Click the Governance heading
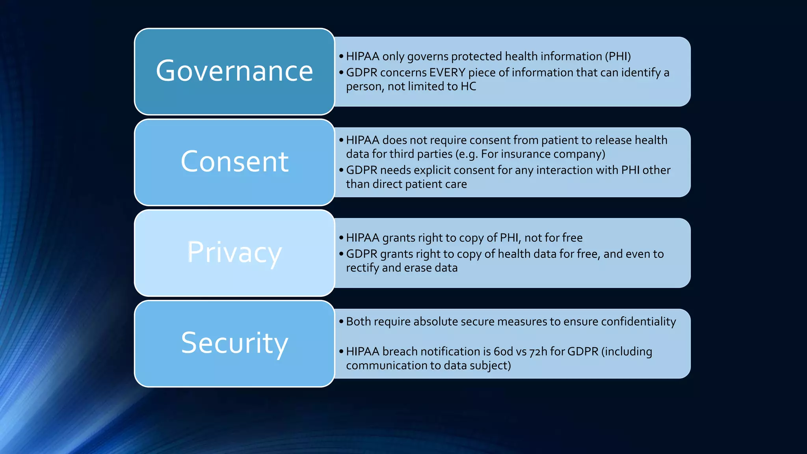pos(234,71)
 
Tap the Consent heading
pos(234,162)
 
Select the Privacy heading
pos(234,253)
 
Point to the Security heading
pos(234,343)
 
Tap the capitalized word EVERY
pos(447,73)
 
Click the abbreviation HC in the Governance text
pos(468,86)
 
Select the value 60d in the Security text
pos(503,352)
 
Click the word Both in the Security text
pos(359,322)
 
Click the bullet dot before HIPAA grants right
pos(341,238)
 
